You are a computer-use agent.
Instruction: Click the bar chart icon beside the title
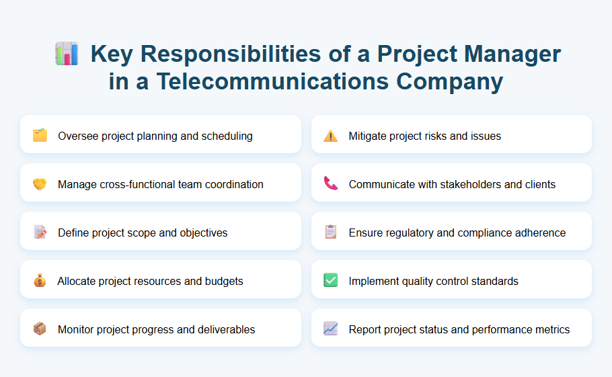pos(67,54)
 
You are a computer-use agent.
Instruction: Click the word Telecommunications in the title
pos(272,81)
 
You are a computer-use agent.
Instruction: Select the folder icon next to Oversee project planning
pos(40,136)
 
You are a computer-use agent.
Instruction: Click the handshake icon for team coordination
pos(40,184)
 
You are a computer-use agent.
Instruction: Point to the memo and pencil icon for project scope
pos(40,233)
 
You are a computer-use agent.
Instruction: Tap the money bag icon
pos(40,281)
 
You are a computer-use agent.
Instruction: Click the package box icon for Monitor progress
pos(40,329)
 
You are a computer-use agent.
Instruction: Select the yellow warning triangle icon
pos(330,136)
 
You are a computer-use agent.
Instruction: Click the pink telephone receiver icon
pos(330,184)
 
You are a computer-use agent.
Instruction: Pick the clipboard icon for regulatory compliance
pos(330,233)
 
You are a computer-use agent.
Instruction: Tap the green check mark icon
pos(330,281)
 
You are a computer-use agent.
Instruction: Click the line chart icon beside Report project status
pos(330,329)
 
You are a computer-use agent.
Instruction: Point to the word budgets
pos(223,281)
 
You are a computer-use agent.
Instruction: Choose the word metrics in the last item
pos(551,329)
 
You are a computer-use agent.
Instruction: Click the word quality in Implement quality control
pos(418,281)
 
